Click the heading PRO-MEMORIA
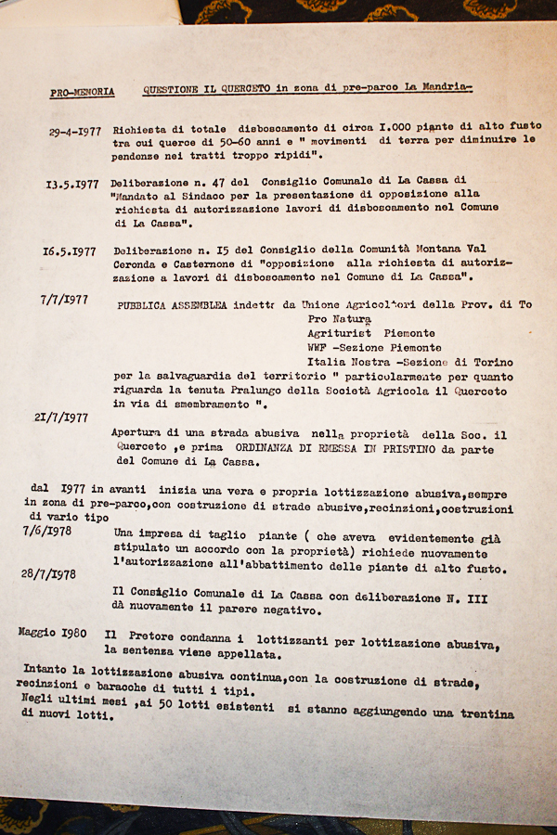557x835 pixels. tap(83, 92)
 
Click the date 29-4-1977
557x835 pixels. tap(75, 132)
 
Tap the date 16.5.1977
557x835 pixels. tap(69, 250)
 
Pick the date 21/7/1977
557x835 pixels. tap(61, 417)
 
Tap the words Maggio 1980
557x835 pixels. tap(52, 633)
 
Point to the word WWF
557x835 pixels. tap(318, 347)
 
